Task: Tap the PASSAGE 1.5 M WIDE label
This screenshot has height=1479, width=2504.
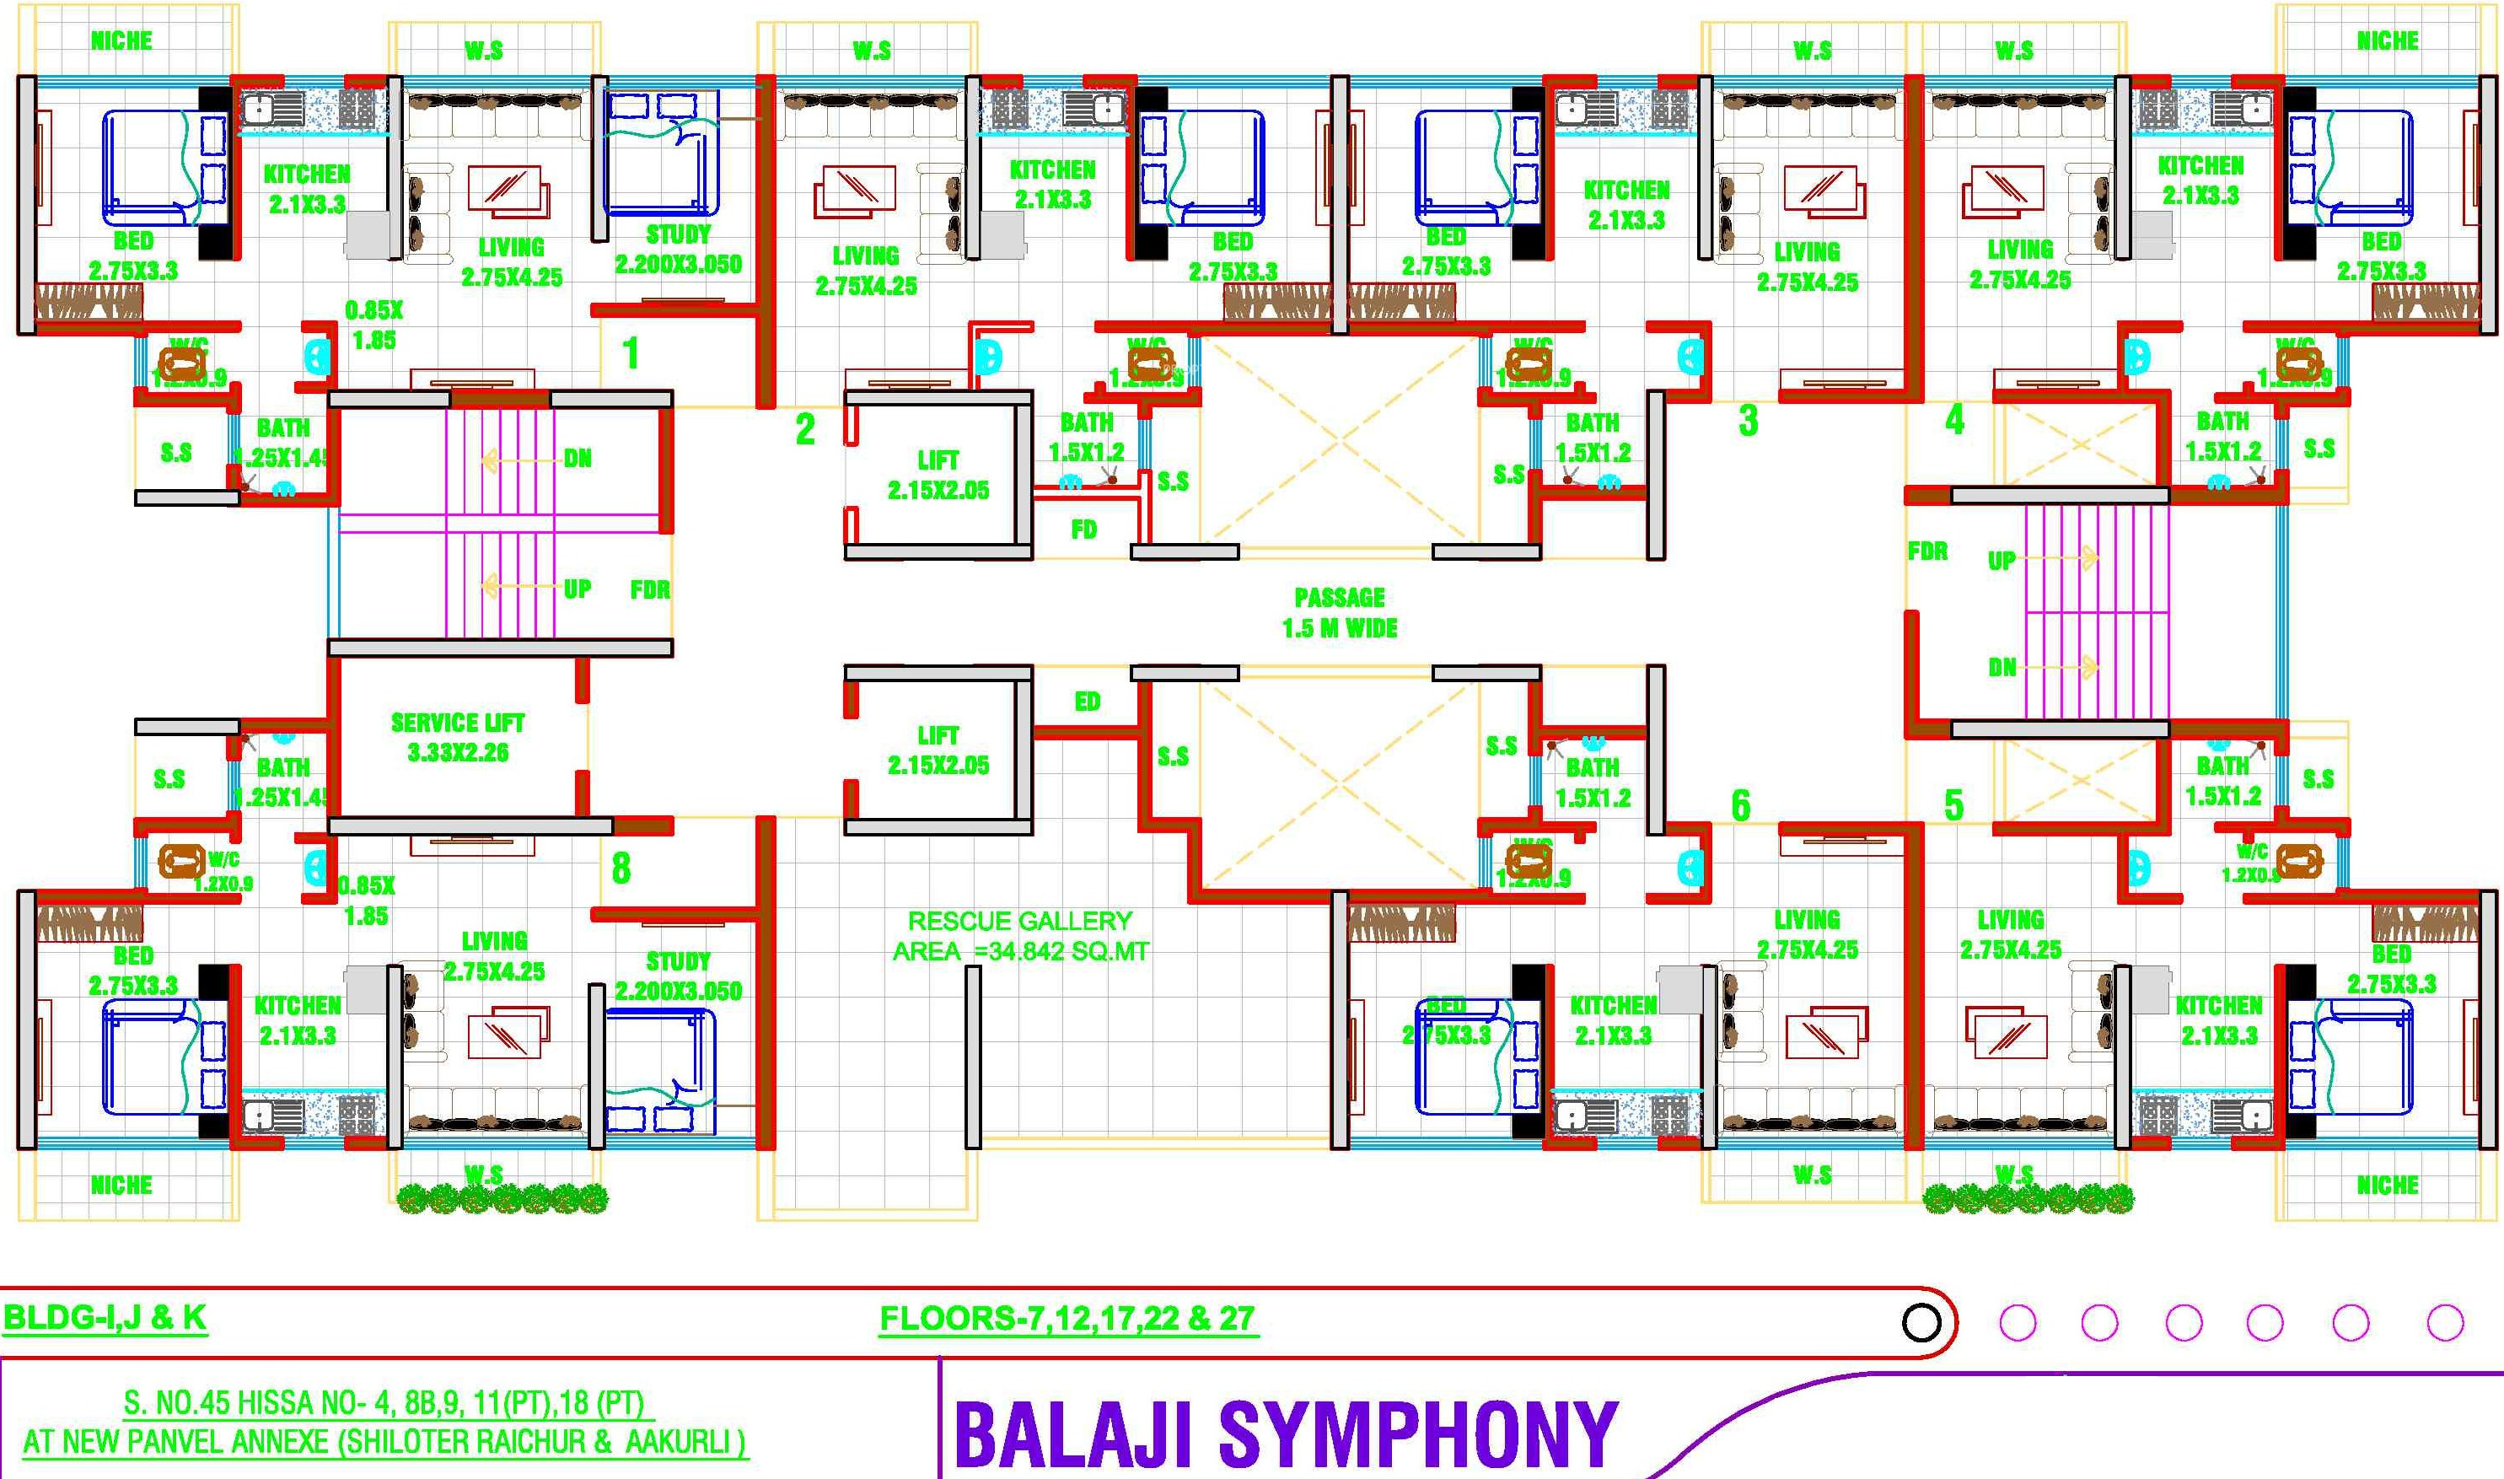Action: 1339,612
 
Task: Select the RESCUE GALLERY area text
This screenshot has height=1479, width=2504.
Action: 1020,936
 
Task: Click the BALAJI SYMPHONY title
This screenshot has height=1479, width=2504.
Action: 1286,1434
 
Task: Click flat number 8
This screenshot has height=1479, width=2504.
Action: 621,868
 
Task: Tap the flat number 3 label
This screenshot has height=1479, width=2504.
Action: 1748,421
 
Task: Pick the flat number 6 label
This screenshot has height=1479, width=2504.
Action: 1740,805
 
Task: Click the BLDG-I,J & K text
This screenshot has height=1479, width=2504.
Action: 105,1318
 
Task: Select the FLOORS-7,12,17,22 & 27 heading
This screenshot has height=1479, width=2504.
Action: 1067,1319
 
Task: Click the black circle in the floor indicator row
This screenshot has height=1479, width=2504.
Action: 1921,1322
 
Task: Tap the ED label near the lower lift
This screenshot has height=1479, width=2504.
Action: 1087,702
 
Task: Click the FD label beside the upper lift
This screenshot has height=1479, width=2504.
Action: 1084,530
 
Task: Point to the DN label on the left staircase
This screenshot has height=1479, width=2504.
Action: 578,459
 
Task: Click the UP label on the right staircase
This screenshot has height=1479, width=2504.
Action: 2001,561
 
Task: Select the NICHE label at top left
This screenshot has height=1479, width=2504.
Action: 121,40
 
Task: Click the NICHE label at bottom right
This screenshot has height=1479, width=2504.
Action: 2388,1185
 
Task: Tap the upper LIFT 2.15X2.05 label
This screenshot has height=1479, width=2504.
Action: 938,475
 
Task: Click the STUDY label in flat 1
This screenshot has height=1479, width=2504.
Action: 679,235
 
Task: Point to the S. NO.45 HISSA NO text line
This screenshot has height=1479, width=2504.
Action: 389,1403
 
